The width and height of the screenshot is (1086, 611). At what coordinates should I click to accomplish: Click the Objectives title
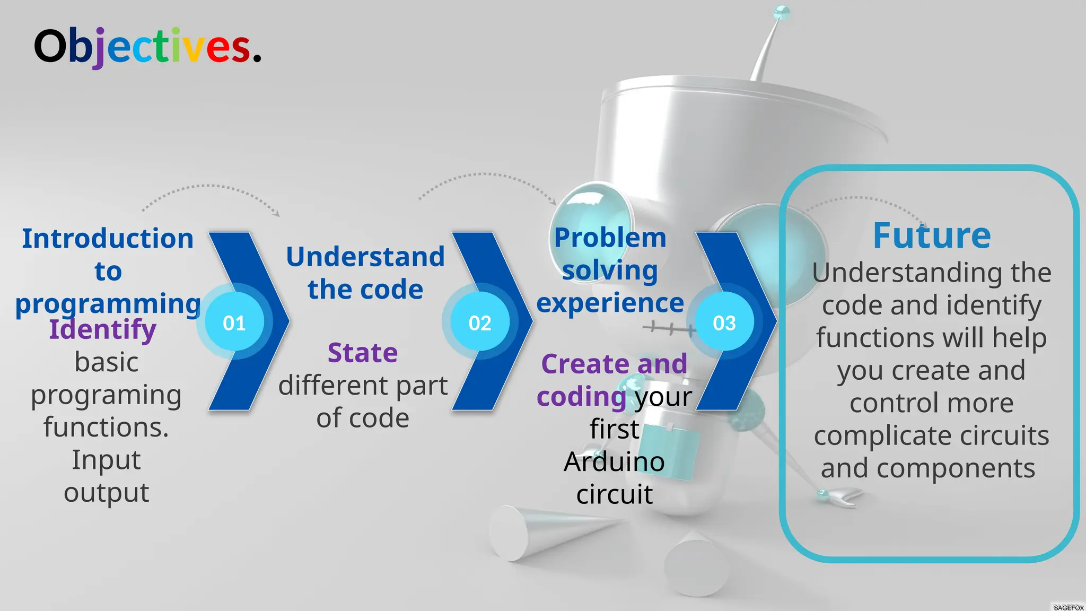click(147, 47)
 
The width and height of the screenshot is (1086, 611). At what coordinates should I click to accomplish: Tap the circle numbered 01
click(234, 322)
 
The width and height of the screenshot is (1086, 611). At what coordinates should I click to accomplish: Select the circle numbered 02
click(480, 322)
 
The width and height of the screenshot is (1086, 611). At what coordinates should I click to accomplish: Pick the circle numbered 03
click(724, 322)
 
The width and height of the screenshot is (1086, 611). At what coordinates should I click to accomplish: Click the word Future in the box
click(932, 235)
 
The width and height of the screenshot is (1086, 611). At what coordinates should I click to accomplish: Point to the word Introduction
click(108, 239)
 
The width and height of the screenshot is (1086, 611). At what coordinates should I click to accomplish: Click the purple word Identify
click(103, 329)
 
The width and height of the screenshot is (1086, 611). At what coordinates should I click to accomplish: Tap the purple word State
click(363, 353)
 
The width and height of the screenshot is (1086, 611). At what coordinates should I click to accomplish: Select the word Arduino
click(614, 461)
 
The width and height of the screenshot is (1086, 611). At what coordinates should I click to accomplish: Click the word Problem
click(610, 238)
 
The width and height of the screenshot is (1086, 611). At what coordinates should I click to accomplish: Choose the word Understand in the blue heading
click(365, 257)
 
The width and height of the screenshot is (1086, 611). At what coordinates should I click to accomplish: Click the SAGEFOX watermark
click(1069, 607)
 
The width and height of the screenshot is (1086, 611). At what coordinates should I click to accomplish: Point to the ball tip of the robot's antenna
click(782, 12)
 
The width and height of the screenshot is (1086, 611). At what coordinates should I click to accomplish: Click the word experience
click(610, 303)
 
